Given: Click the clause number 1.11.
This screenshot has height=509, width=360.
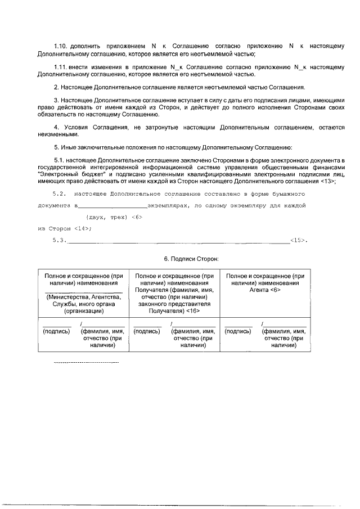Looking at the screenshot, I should point(60,66).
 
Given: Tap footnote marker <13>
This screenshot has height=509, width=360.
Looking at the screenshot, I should point(329,181).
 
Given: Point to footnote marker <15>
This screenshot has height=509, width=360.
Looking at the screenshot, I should point(299,241).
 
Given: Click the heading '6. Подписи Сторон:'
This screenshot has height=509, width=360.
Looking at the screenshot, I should point(190,258).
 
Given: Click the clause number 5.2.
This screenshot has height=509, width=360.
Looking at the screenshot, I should point(59,193).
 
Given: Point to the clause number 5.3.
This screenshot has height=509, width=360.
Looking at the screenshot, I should point(59,241).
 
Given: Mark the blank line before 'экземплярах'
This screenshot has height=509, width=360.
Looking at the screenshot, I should point(112,206).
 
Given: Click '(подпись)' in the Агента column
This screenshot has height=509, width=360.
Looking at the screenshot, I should point(238,331).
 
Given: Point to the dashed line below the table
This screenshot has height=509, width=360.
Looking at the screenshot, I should point(85,363).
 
